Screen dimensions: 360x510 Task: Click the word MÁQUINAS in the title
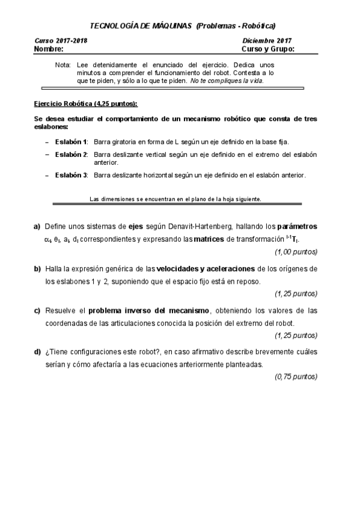pos(170,25)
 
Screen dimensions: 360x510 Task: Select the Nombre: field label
pos(49,49)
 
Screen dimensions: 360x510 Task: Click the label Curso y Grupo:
pos(267,49)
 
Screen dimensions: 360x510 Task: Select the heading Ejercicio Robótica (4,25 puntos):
pos(85,103)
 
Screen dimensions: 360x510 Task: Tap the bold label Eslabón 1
pos(71,141)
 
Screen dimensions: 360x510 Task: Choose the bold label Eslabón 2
pos(71,155)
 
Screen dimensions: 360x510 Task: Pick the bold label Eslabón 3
pos(71,175)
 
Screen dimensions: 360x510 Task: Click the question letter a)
pos(37,227)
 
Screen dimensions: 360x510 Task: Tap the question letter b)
pos(37,268)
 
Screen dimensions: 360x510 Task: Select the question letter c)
pos(37,310)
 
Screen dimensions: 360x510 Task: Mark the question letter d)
pos(37,352)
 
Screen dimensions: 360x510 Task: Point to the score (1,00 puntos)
pos(296,251)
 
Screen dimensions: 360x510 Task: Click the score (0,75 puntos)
pos(296,376)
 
